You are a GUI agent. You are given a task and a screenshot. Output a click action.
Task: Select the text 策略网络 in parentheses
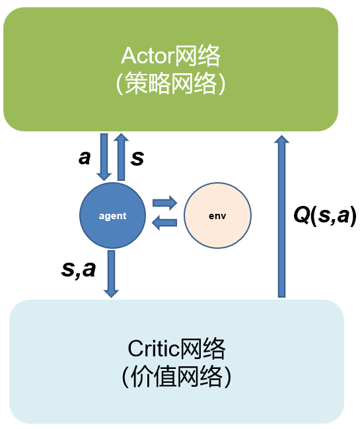point(171,84)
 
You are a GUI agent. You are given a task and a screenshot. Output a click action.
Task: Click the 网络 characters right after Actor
point(198,56)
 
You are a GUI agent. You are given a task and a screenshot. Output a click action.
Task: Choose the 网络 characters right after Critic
point(205,348)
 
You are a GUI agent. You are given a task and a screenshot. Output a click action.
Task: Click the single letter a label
point(85,158)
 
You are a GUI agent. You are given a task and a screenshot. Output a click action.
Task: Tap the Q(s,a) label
point(325,216)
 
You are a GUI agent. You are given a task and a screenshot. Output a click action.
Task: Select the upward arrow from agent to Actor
point(121,156)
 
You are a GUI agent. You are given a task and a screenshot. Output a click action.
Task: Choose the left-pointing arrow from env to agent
point(164,223)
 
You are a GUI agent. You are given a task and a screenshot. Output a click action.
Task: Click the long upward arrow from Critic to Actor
point(282,218)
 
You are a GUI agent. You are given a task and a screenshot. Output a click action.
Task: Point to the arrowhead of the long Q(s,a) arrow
point(282,141)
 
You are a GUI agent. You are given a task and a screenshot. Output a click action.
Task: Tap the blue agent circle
point(112,216)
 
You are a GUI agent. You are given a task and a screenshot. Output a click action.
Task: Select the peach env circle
point(217,216)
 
